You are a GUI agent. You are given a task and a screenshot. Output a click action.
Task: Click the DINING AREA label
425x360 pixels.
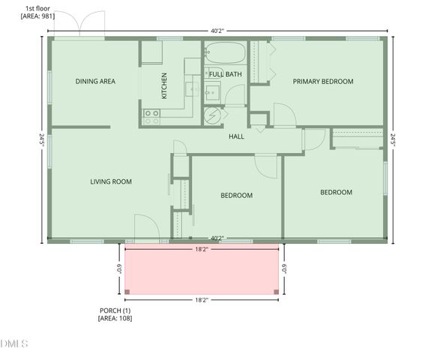click(95, 82)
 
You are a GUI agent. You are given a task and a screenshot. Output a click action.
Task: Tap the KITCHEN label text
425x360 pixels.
click(164, 85)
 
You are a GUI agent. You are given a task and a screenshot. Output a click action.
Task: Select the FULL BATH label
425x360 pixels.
click(225, 74)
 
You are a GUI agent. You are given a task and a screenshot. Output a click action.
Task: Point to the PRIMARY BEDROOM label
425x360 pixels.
click(322, 82)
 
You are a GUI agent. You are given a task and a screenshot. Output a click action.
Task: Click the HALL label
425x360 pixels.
click(236, 136)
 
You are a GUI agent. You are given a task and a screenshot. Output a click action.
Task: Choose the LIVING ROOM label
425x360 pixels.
click(111, 181)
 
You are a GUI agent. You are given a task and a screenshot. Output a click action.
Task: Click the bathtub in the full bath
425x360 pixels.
click(224, 53)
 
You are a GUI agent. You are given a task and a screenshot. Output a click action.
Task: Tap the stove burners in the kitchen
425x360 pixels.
click(151, 116)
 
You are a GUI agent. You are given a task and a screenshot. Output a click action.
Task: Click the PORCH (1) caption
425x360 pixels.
click(115, 313)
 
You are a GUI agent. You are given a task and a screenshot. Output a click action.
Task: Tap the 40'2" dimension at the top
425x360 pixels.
click(217, 31)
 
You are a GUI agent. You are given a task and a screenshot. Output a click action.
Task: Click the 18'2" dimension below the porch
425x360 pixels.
click(201, 300)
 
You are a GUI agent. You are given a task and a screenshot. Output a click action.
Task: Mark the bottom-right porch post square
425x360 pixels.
click(277, 292)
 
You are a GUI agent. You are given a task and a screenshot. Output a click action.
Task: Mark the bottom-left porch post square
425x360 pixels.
click(127, 292)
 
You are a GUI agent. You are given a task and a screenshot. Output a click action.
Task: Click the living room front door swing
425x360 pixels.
click(144, 227)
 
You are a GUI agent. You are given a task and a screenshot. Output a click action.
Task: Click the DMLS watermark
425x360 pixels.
click(14, 344)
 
